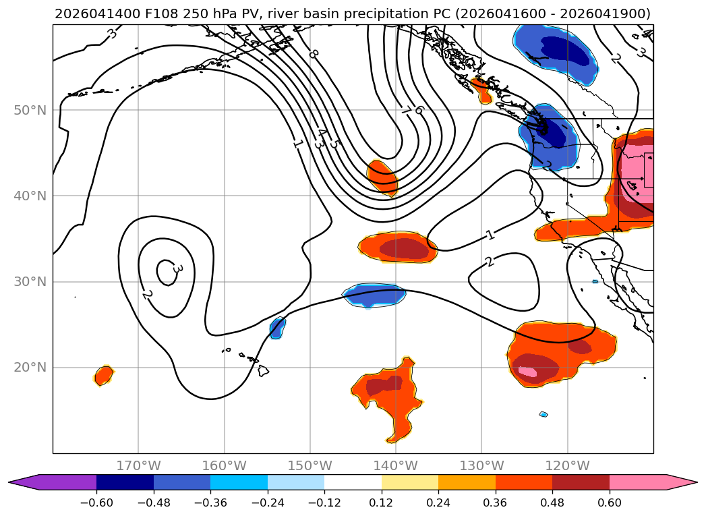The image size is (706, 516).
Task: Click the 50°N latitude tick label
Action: click(30, 111)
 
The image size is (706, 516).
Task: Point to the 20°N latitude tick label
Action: click(30, 368)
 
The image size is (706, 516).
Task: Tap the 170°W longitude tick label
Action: click(138, 465)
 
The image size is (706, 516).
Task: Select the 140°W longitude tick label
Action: click(396, 465)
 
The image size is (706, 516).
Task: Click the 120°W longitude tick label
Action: click(567, 465)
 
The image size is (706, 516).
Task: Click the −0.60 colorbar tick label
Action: click(96, 503)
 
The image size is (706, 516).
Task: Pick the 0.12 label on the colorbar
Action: click(382, 503)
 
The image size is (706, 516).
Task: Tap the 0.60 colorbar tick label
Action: click(609, 503)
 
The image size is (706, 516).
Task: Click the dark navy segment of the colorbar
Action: click(125, 482)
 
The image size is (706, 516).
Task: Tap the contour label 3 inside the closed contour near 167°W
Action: click(177, 269)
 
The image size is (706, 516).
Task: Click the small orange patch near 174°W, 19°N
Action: click(104, 375)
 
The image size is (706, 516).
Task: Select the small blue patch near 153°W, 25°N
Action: click(277, 328)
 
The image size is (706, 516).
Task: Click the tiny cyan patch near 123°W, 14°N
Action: click(543, 414)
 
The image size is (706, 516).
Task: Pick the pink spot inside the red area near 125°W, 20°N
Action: click(527, 372)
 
